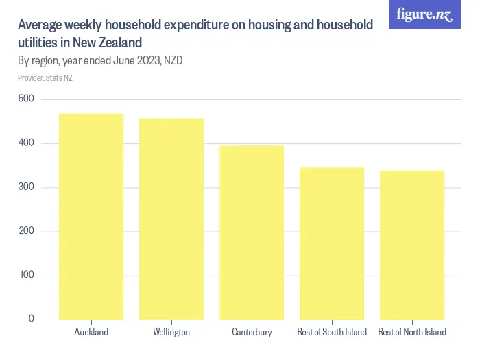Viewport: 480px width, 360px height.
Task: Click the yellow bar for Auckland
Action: pos(91,216)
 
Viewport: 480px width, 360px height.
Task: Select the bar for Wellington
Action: pos(171,219)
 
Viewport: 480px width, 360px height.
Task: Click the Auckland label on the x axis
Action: pos(91,333)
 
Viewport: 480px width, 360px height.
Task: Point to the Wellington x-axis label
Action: pos(171,333)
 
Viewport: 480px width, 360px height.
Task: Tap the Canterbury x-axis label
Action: pos(252,333)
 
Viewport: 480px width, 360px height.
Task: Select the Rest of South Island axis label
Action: pos(332,333)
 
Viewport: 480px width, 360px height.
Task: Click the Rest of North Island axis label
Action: pos(412,333)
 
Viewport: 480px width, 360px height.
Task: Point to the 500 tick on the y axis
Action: pos(26,99)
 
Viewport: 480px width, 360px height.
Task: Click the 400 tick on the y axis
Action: pos(26,143)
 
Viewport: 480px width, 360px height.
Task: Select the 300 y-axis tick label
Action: pos(26,187)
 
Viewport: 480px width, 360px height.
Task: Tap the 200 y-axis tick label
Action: pos(26,231)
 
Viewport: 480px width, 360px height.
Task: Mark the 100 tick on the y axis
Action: pos(26,275)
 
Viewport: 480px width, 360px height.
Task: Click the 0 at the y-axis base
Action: pos(32,319)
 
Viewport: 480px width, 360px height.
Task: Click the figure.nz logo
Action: pos(424,14)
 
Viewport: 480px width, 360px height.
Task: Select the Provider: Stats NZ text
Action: pos(45,78)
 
